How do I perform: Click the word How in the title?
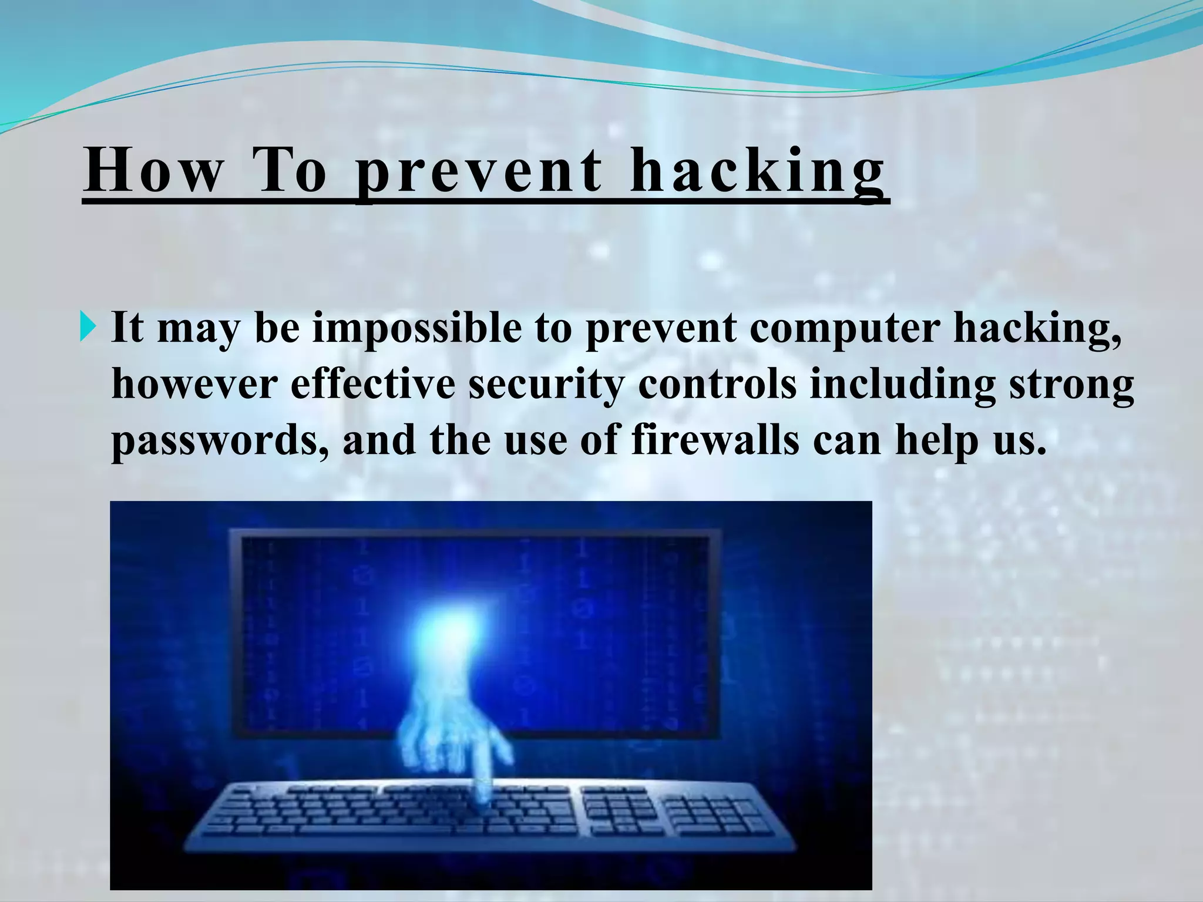[154, 170]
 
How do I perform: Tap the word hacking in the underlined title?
[757, 170]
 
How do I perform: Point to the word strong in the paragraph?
[1071, 386]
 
